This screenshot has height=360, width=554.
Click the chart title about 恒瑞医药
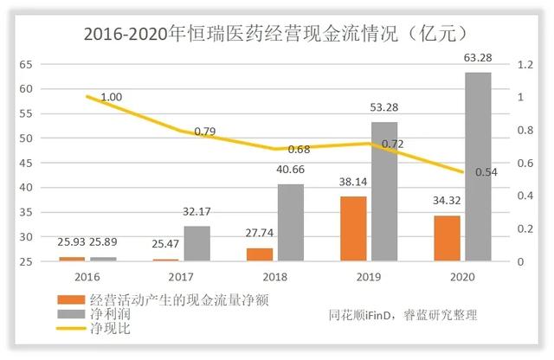[276, 34]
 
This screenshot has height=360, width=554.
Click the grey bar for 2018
[291, 222]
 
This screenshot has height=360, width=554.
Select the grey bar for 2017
[197, 243]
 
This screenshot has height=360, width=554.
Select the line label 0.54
[486, 172]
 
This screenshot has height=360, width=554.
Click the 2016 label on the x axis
[88, 278]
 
